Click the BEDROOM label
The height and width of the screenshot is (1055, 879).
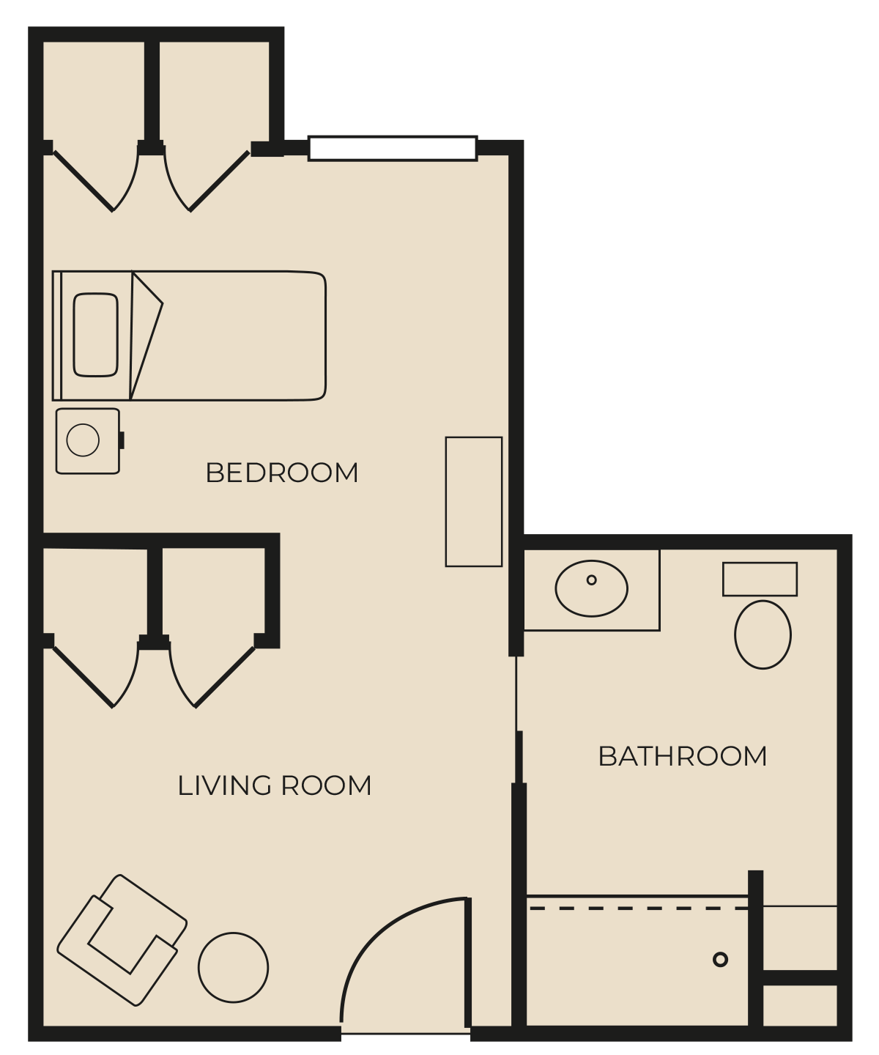[x=281, y=473]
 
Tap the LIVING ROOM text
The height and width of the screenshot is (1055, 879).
[x=274, y=785]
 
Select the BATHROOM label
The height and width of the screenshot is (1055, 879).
[x=682, y=756]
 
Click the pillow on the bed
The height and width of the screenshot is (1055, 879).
[x=95, y=335]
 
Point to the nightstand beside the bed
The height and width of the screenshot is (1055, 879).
[x=88, y=441]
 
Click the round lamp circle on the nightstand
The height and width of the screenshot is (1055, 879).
[x=83, y=440]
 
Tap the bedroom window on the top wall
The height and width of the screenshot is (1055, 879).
[x=393, y=148]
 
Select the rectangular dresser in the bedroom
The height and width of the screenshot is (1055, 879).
[x=473, y=501]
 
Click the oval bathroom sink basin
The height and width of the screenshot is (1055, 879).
[x=591, y=588]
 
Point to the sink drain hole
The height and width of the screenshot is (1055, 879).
[x=591, y=580]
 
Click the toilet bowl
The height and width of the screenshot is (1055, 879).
[x=763, y=634]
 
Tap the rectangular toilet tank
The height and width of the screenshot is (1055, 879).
[x=760, y=579]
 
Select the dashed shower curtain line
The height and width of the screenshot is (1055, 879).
[x=639, y=908]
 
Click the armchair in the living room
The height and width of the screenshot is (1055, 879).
[x=122, y=940]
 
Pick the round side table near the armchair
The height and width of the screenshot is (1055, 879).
[x=233, y=968]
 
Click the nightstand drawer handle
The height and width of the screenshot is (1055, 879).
[x=122, y=440]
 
